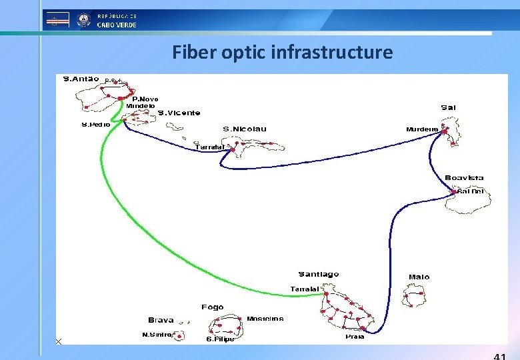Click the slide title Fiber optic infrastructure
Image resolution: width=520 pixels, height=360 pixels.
click(282, 52)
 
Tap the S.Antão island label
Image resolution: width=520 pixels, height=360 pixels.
click(81, 79)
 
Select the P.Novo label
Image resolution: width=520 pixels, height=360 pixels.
click(145, 99)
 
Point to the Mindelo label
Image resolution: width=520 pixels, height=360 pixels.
click(141, 106)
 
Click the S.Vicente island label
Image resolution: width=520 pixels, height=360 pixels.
click(178, 113)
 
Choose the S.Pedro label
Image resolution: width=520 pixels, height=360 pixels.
click(96, 124)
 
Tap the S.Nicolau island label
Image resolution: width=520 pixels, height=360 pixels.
click(244, 129)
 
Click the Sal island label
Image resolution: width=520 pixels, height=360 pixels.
click(448, 107)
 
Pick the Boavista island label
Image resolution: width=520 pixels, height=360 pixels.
click(464, 178)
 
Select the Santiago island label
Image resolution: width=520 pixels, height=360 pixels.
click(318, 274)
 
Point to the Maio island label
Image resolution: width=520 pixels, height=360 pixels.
click(419, 277)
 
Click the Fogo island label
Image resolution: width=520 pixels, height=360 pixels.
click(212, 307)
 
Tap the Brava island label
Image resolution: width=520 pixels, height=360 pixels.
click(161, 320)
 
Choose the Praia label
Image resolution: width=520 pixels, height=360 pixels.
click(355, 337)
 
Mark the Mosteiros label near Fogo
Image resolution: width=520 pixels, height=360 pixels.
click(265, 319)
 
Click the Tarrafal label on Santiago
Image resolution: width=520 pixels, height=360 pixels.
click(305, 289)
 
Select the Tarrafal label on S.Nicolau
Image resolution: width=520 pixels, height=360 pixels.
click(209, 147)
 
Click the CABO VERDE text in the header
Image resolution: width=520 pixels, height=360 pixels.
click(117, 25)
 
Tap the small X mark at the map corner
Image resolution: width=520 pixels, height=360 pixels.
click(59, 341)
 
